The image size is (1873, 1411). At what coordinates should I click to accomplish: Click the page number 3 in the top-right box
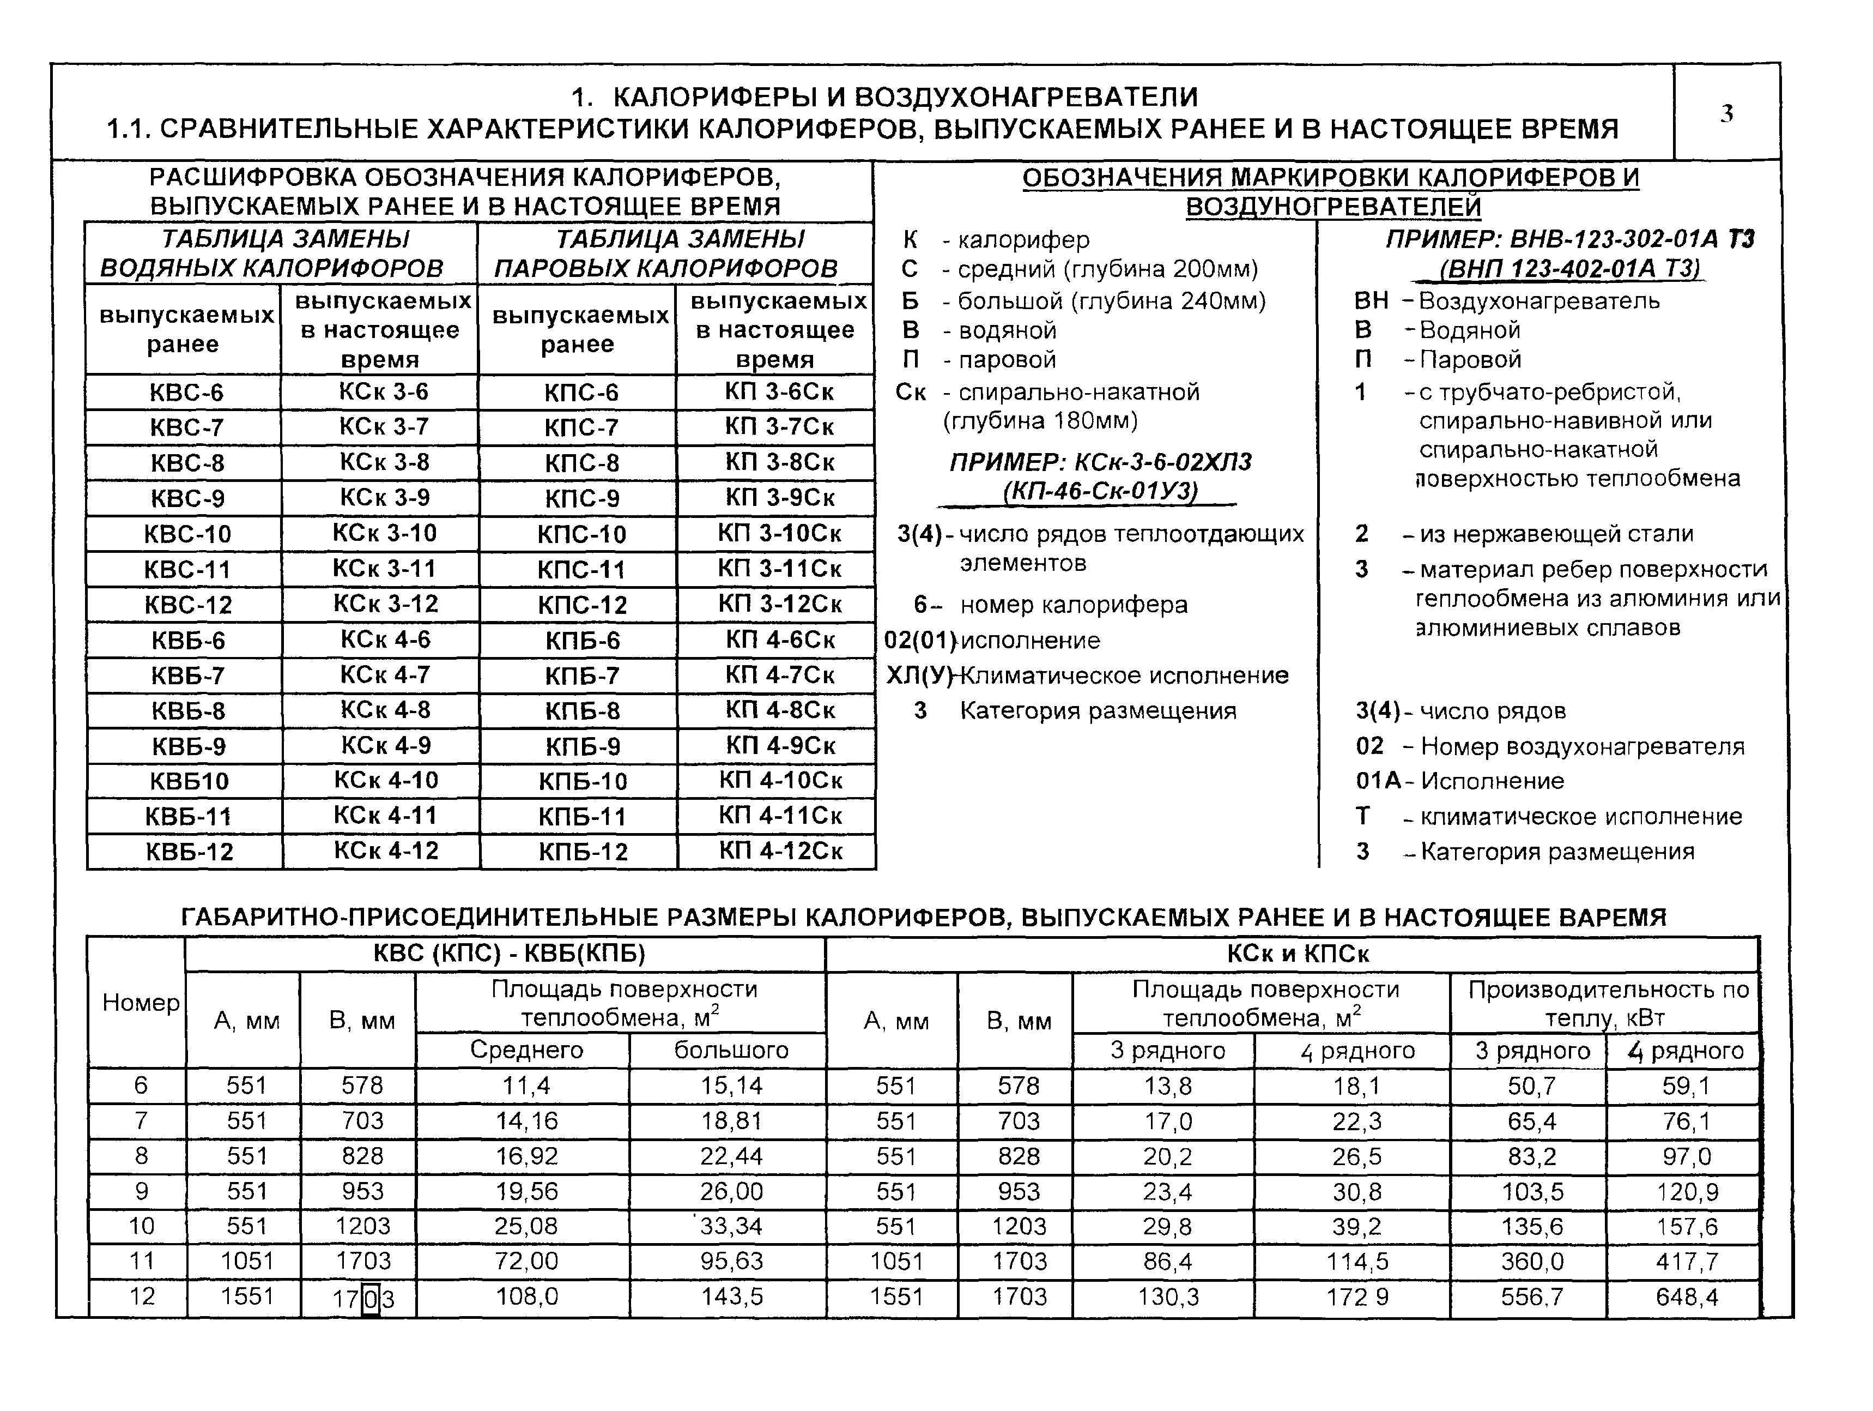point(1726,113)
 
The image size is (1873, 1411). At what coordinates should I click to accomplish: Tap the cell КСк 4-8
point(385,710)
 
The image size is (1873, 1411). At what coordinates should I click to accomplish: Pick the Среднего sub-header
point(526,1050)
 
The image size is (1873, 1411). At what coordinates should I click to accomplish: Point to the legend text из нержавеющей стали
point(1556,534)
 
